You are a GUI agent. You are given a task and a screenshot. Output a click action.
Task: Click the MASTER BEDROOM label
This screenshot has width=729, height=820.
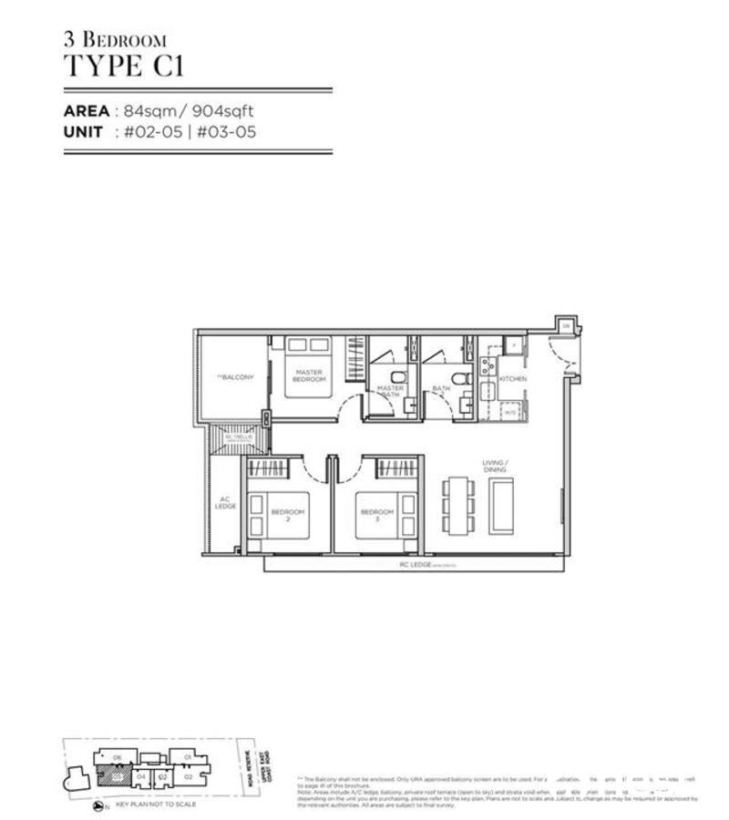[x=309, y=375]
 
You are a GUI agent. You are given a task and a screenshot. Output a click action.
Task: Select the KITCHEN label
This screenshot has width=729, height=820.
[x=512, y=378]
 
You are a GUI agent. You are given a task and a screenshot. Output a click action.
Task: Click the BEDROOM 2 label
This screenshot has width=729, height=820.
[x=288, y=516]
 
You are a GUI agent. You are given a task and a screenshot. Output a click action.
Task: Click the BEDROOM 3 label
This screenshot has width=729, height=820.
[x=376, y=516]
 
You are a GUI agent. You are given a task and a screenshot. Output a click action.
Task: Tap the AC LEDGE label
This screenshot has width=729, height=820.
[x=225, y=503]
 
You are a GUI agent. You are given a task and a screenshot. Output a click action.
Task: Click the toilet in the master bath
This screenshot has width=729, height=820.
[x=397, y=376]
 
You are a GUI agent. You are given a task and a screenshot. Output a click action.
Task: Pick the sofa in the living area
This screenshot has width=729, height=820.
[x=502, y=506]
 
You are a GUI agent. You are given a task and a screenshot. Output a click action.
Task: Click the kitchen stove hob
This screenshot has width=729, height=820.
[x=488, y=367]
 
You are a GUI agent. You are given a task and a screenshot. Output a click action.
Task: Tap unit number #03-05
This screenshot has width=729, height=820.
[x=231, y=131]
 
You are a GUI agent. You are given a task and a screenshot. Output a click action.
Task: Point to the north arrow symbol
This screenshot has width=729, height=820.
[x=98, y=806]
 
